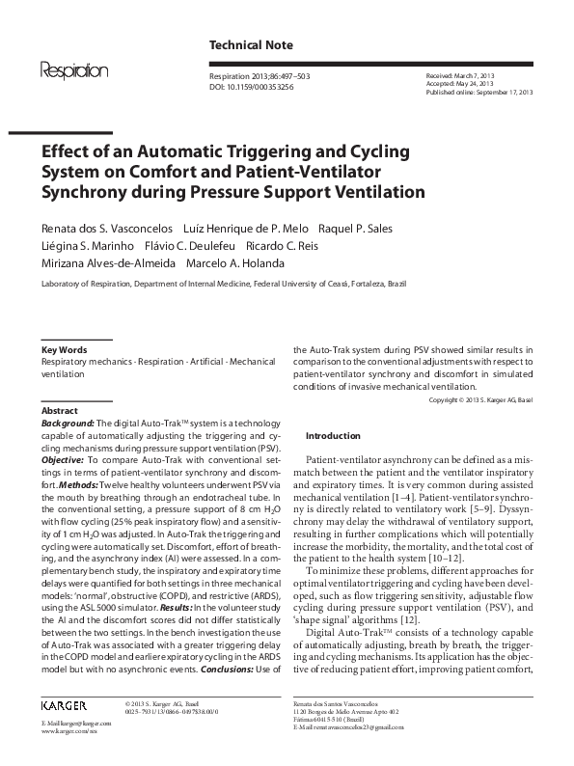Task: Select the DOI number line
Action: point(253,86)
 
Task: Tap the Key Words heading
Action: point(64,349)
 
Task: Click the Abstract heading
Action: point(61,410)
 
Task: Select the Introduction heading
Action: point(332,435)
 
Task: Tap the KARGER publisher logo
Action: point(67,706)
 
